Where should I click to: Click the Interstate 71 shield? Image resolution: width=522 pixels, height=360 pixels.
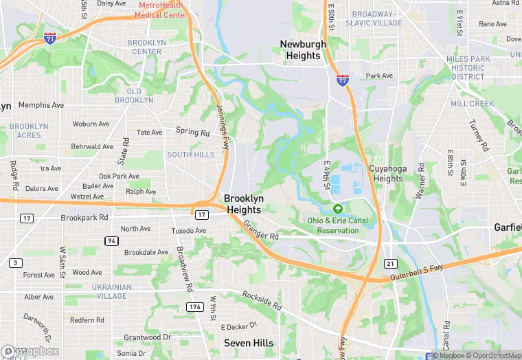[50, 37]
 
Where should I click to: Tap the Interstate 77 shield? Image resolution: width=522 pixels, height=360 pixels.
[342, 80]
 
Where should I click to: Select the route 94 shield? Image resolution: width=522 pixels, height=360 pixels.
[111, 240]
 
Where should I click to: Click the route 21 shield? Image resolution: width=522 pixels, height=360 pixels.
[391, 264]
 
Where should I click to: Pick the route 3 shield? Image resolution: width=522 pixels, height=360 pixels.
[15, 262]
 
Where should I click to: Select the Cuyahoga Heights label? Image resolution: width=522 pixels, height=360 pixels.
[387, 173]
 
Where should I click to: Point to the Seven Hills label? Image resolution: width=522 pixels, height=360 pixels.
[249, 343]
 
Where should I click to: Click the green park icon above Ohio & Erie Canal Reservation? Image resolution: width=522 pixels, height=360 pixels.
[337, 209]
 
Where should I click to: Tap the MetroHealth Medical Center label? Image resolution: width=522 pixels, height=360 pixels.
[162, 10]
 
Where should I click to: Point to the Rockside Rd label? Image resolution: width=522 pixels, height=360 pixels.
[262, 300]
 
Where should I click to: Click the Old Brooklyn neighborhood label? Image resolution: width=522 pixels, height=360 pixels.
[135, 95]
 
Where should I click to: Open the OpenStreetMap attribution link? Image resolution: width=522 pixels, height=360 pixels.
[494, 355]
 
